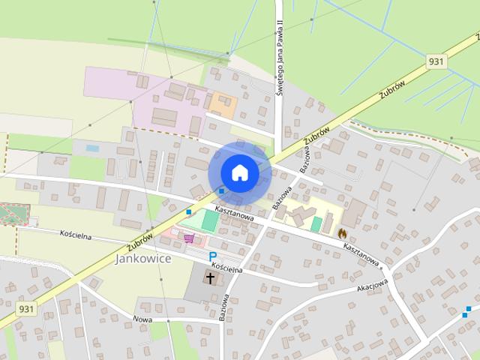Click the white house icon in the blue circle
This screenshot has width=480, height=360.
click(x=239, y=173)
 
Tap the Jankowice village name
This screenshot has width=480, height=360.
click(x=143, y=259)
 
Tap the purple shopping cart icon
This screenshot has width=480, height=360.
click(x=189, y=238)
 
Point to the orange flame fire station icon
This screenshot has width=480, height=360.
click(x=343, y=233)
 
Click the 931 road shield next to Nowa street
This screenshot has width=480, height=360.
click(x=26, y=308)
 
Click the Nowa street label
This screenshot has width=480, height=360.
click(x=142, y=319)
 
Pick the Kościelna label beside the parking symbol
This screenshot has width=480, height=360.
click(x=226, y=267)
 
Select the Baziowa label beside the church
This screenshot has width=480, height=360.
click(x=223, y=307)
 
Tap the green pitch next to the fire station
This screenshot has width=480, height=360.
click(x=316, y=224)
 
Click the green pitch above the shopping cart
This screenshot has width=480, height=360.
click(x=210, y=220)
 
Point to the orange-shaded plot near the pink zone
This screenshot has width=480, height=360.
click(x=223, y=103)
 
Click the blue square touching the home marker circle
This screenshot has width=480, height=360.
click(x=220, y=192)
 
